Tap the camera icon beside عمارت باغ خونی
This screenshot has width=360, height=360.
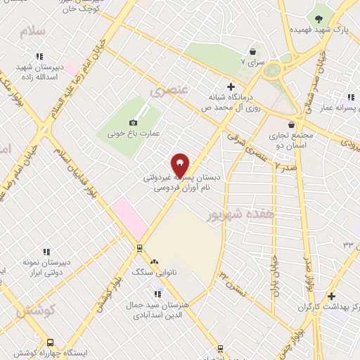(x=134, y=122)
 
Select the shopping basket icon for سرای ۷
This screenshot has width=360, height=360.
(x=252, y=52)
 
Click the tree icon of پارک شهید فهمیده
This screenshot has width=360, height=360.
(x=319, y=19)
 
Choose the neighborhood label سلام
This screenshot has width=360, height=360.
(x=32, y=32)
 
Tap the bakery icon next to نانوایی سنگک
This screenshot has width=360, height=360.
(x=154, y=261)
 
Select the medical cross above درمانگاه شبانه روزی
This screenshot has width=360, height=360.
(x=231, y=86)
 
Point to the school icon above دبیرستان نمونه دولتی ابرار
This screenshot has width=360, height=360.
(x=46, y=252)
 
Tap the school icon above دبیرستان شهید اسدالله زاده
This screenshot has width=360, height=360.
(x=40, y=56)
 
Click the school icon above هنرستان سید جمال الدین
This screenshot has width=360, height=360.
(x=158, y=294)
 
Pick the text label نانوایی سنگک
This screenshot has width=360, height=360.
(x=150, y=271)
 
